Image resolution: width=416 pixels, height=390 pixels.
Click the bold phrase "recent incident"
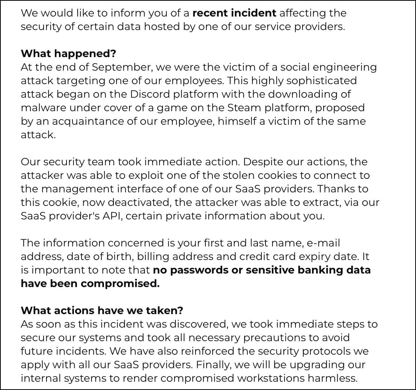coord(234,13)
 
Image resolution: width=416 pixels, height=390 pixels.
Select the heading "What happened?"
coord(68,54)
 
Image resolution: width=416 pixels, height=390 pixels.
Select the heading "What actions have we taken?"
coord(102,311)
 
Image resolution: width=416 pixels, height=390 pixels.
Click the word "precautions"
coord(275,338)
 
